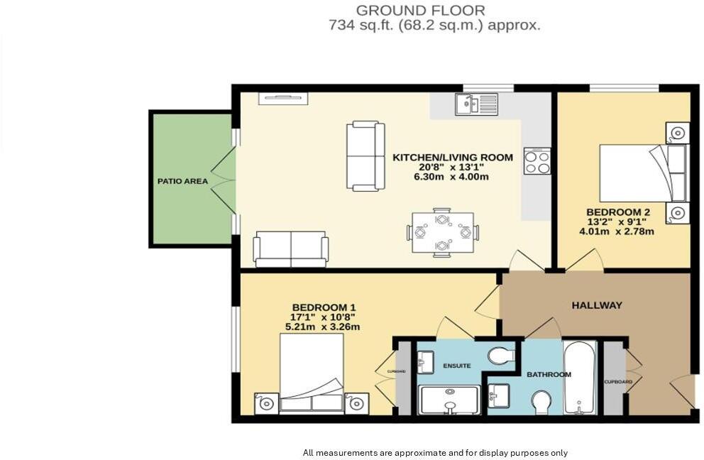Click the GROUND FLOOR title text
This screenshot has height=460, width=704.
point(420,10)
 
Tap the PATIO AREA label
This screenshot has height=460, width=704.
point(182,181)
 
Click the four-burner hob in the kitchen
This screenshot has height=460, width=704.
point(537,160)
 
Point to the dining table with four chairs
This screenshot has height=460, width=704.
point(442,232)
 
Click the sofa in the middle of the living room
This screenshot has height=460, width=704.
point(365,156)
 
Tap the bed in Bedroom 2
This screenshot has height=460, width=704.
point(636,173)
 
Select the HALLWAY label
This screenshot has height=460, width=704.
point(597,305)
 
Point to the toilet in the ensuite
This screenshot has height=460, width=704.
point(502,355)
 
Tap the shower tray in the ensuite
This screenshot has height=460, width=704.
point(449,400)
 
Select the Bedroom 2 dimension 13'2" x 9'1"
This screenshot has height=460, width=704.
point(619,221)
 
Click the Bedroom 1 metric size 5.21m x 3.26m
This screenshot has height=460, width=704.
point(322,327)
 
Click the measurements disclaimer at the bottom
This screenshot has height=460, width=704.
point(435,452)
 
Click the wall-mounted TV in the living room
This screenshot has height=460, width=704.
point(283,99)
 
